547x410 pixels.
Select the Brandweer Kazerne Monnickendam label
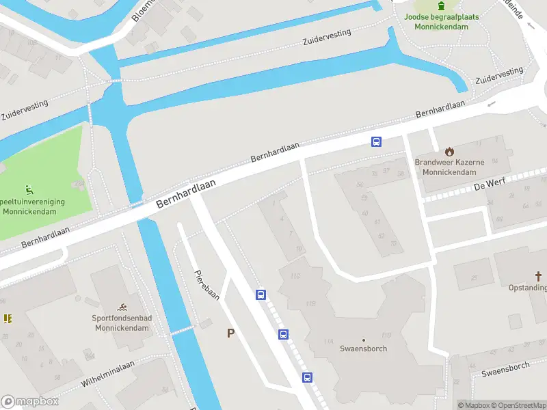tap(449, 167)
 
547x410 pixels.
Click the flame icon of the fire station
tap(449, 151)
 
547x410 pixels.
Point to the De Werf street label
tap(469, 185)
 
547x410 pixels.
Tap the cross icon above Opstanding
tap(539, 277)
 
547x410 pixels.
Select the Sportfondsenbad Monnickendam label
tap(121, 323)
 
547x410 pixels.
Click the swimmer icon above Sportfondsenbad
tap(121, 305)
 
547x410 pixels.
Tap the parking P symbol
tap(231, 333)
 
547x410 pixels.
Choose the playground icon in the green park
tap(29, 189)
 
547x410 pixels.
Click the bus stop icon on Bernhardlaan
tap(376, 141)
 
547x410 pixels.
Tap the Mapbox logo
tap(30, 402)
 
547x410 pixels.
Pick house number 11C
tap(295, 276)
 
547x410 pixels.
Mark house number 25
tap(475, 278)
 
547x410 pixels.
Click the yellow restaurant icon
tap(8, 318)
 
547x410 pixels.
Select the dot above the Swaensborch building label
tap(364, 340)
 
